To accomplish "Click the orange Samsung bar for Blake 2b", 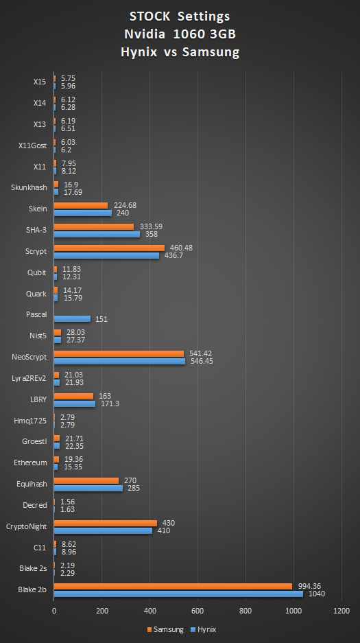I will [173, 585].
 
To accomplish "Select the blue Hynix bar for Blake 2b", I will [178, 594].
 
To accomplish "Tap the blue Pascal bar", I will [72, 318].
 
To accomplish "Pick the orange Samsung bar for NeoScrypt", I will [119, 353].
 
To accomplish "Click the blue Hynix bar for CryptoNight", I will [103, 530].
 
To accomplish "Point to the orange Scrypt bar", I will [109, 248].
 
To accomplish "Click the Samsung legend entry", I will [165, 629].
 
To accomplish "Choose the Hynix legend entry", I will [202, 629].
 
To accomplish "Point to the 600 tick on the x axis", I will [197, 611].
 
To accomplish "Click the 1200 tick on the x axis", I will [341, 611].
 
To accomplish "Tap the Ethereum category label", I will [31, 463].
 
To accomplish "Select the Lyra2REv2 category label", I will [29, 378].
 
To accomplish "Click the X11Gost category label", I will [32, 145].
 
